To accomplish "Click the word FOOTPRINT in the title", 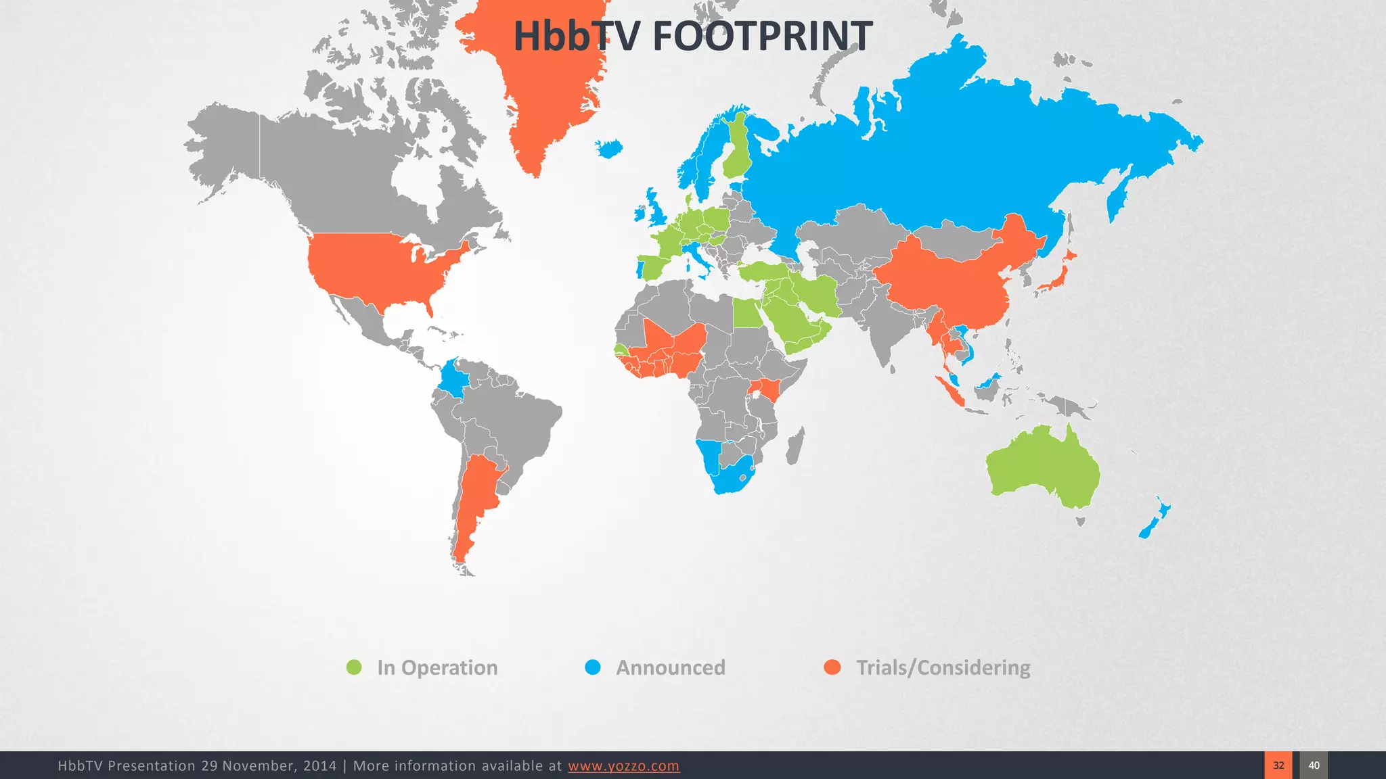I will click(762, 37).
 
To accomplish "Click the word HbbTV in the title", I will click(575, 37).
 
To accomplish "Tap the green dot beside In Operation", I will click(354, 667).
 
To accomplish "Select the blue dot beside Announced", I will click(593, 667).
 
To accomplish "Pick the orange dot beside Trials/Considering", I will click(832, 667).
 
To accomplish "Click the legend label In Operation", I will click(437, 668).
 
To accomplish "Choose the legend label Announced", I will click(670, 668).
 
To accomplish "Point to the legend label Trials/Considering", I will click(943, 668).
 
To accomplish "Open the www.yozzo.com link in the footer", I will click(623, 765).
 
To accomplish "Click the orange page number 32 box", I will click(1278, 765).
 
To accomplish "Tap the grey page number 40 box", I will click(1314, 765).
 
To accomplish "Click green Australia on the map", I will click(1042, 467).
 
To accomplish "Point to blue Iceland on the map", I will click(609, 149).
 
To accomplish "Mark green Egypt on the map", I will click(747, 313).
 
